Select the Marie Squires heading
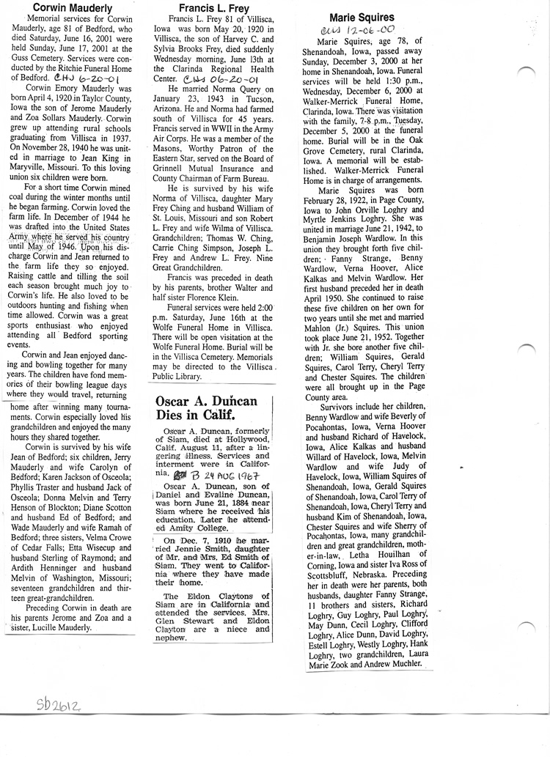[362, 17]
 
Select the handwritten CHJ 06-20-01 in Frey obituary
[220, 81]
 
